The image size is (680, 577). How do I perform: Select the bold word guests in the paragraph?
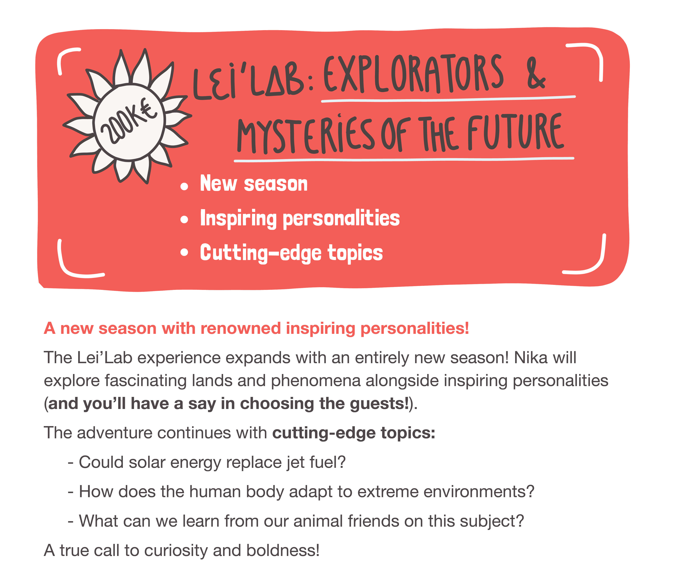(x=379, y=403)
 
